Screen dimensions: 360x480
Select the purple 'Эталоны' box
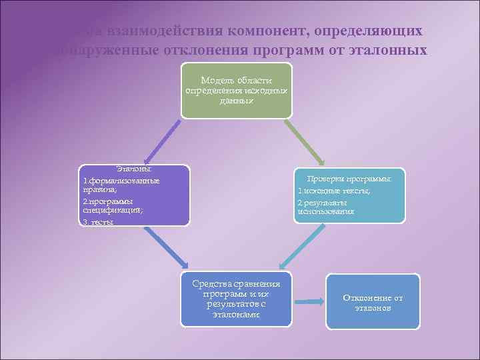[133, 195]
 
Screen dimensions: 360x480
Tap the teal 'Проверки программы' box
[349, 195]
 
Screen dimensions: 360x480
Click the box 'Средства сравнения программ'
[236, 299]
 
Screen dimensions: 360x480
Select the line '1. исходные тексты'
[334, 191]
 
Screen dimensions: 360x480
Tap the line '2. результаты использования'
[326, 207]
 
